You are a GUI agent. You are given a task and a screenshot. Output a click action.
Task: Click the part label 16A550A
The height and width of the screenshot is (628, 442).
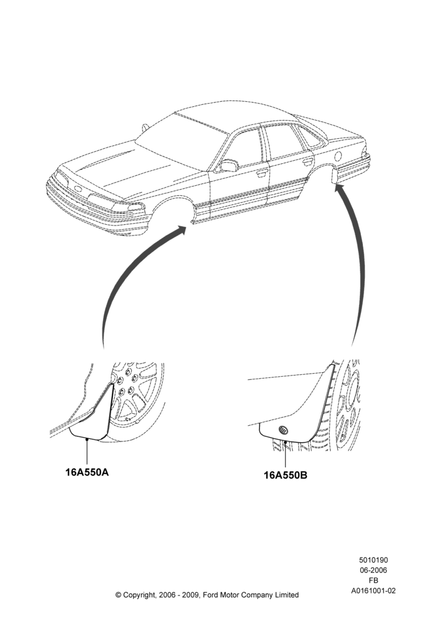87,472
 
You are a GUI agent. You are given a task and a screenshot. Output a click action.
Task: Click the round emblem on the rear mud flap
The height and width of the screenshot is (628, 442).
283,430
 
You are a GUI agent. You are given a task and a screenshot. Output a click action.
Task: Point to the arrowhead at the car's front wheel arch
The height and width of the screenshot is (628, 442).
181,229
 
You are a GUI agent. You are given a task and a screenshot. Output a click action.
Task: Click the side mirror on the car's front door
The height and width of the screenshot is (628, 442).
229,165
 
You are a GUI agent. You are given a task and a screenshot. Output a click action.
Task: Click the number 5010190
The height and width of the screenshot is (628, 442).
373,560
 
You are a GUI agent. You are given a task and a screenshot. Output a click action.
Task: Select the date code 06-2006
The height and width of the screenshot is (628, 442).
373,570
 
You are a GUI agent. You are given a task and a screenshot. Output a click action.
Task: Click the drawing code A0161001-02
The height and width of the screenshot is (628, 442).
373,590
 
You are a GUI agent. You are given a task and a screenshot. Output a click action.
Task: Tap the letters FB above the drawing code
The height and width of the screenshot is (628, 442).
373,580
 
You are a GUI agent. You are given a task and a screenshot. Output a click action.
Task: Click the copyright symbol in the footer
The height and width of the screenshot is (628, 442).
118,595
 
